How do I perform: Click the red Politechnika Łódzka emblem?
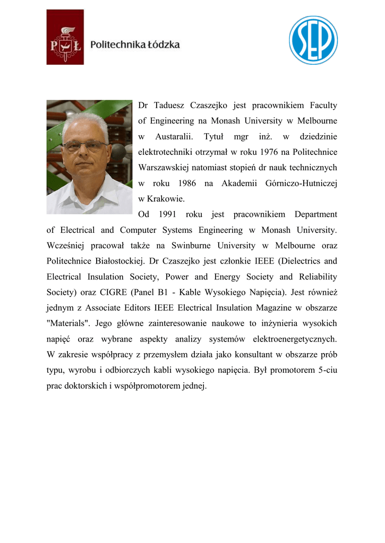pyautogui.click(x=65, y=37)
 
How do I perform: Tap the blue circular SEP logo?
pyautogui.click(x=313, y=40)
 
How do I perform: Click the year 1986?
pyautogui.click(x=184, y=183)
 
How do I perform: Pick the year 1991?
pyautogui.click(x=164, y=214)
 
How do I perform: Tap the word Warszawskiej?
pyautogui.click(x=161, y=168)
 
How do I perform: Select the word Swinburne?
pyautogui.click(x=190, y=246)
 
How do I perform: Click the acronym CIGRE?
pyautogui.click(x=112, y=292)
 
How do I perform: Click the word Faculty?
pyautogui.click(x=322, y=106)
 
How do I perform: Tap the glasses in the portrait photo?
pyautogui.click(x=85, y=145)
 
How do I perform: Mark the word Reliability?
pyautogui.click(x=318, y=277)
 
